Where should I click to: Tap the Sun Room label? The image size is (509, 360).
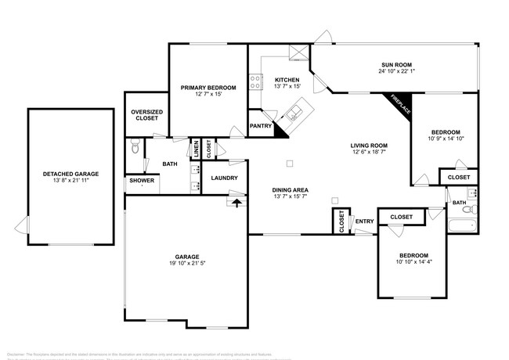pos(396,64)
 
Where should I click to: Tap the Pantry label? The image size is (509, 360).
pos(260,125)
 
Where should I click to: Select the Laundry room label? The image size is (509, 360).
pos(225,178)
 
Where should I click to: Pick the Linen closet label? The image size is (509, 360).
pos(197,147)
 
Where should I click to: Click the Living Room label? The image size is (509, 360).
pos(369,146)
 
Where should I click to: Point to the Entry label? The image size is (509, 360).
pos(364,221)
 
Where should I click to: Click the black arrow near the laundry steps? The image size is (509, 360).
pos(236,203)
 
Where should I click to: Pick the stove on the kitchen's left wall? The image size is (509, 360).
pos(254,79)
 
